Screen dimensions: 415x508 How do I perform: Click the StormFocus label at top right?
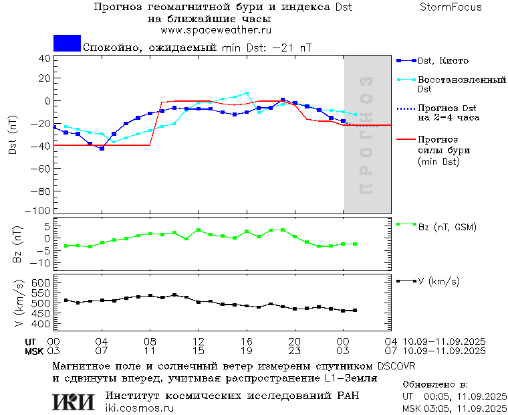coord(451,7)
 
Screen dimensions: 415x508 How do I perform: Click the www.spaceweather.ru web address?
coord(216,30)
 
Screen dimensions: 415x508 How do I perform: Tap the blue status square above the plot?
coord(67,43)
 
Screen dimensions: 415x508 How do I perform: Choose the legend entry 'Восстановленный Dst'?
coord(461,84)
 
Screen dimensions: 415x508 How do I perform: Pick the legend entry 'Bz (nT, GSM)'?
coord(447,227)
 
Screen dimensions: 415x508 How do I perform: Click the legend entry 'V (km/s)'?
coord(438,281)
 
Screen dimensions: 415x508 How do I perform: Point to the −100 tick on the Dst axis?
coord(41,211)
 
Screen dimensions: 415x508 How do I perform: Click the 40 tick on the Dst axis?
coord(45,58)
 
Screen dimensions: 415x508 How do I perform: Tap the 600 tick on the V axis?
coord(41,283)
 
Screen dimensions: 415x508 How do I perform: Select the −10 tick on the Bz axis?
coord(41,262)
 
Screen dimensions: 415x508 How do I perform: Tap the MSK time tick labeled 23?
coord(295,351)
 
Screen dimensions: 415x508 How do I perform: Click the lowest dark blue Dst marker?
coord(102,148)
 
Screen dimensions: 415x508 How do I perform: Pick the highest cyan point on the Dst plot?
coord(247,93)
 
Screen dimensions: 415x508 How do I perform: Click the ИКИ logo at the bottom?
coord(74,402)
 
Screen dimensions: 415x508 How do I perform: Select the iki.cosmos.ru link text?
coord(139,408)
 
